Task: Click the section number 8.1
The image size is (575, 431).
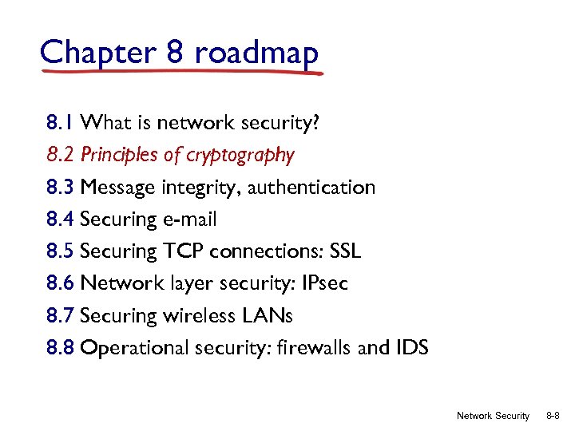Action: coord(61,123)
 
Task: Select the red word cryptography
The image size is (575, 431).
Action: coord(240,155)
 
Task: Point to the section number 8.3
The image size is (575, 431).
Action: coord(61,188)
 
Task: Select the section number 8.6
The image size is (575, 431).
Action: coord(61,283)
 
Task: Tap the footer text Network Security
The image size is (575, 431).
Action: coord(493,416)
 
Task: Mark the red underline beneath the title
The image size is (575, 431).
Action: coord(184,71)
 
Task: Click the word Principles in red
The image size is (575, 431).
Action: coord(120,155)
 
